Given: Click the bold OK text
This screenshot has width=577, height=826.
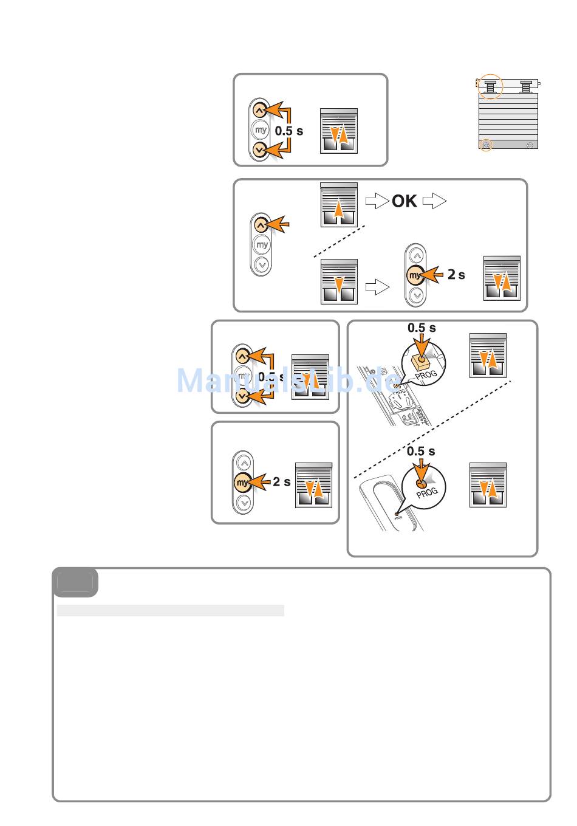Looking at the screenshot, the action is pyautogui.click(x=405, y=201).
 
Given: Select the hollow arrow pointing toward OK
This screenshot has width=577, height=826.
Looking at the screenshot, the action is pyautogui.click(x=377, y=201).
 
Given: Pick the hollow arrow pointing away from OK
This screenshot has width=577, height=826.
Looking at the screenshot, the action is pyautogui.click(x=434, y=201).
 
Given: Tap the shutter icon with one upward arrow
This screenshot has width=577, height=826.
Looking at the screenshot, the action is pyautogui.click(x=339, y=204).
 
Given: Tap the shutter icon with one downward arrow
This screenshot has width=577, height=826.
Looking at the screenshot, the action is pyautogui.click(x=339, y=281).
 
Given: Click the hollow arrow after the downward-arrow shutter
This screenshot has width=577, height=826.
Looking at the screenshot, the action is pyautogui.click(x=377, y=287).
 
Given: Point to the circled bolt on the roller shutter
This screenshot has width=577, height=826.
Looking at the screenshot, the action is pyautogui.click(x=489, y=86).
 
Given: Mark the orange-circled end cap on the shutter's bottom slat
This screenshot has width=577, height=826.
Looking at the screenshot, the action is pyautogui.click(x=486, y=146).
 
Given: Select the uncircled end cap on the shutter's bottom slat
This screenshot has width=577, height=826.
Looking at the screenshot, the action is pyautogui.click(x=531, y=146).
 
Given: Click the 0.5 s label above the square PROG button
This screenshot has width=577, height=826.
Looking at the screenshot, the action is pyautogui.click(x=422, y=328).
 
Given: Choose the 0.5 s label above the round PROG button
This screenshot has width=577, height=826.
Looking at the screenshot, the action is pyautogui.click(x=421, y=451).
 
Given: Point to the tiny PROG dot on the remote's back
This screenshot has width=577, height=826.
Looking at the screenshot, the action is pyautogui.click(x=397, y=514).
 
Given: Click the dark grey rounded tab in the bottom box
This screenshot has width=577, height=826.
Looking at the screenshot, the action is pyautogui.click(x=75, y=583).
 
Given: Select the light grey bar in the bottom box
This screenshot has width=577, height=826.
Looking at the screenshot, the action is pyautogui.click(x=170, y=610).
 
